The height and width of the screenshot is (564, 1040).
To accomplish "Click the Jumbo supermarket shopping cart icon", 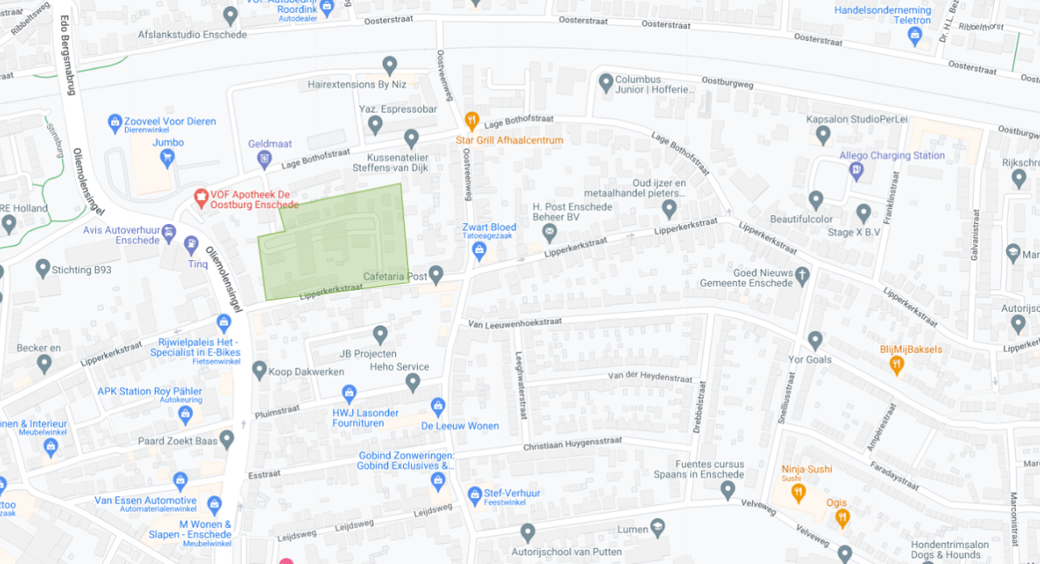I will click(x=167, y=157).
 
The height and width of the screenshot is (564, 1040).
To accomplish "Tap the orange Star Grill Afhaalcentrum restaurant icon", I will click(x=472, y=122).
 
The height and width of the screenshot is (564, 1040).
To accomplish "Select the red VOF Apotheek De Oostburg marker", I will click(x=200, y=196).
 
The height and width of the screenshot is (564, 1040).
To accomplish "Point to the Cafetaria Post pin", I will click(x=436, y=275).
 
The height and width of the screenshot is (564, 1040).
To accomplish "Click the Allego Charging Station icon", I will click(x=856, y=170).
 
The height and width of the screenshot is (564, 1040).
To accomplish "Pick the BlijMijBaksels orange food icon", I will click(x=896, y=365).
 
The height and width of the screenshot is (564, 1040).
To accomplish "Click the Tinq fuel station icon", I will click(x=191, y=244).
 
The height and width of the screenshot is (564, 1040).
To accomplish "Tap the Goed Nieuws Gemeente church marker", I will click(x=802, y=276).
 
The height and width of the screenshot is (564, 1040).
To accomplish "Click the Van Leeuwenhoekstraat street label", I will click(x=515, y=323).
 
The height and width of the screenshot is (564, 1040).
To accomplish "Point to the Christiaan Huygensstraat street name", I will click(x=572, y=444).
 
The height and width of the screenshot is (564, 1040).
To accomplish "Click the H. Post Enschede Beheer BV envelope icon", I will click(x=549, y=233).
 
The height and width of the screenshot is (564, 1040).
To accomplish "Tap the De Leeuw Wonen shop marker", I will click(x=438, y=406).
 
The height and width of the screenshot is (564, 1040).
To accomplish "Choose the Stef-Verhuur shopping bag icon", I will click(x=475, y=493).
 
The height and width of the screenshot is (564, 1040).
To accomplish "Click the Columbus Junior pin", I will click(x=606, y=82).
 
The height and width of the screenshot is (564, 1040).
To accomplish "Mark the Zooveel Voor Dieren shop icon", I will click(x=115, y=123).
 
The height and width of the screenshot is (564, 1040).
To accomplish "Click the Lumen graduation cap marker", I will click(x=658, y=528).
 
